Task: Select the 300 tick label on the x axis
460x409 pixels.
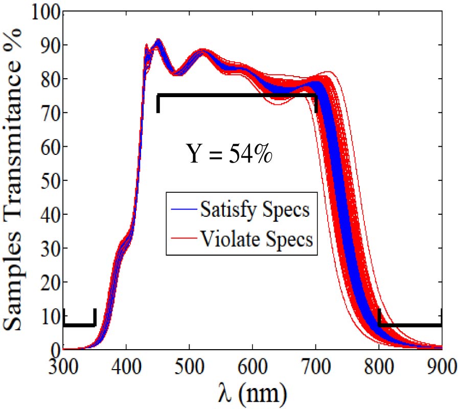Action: coord(63,368)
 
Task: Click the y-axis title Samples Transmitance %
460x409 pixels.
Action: coord(15,180)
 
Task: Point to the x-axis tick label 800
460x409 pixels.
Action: coord(379,368)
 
